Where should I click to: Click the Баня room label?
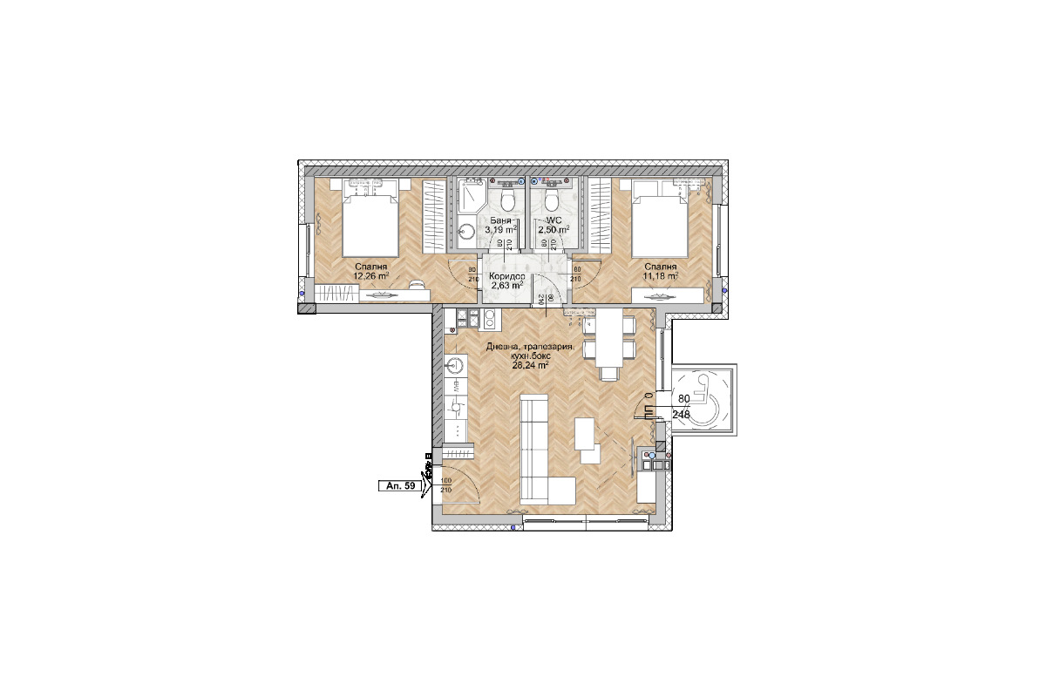click(499, 220)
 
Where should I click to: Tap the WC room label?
click(553, 220)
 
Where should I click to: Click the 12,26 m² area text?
click(370, 276)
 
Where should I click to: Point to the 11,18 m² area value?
click(661, 276)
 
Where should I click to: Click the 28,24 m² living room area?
click(530, 366)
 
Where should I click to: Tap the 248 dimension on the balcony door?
click(682, 415)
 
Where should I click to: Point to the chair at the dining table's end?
click(609, 373)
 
